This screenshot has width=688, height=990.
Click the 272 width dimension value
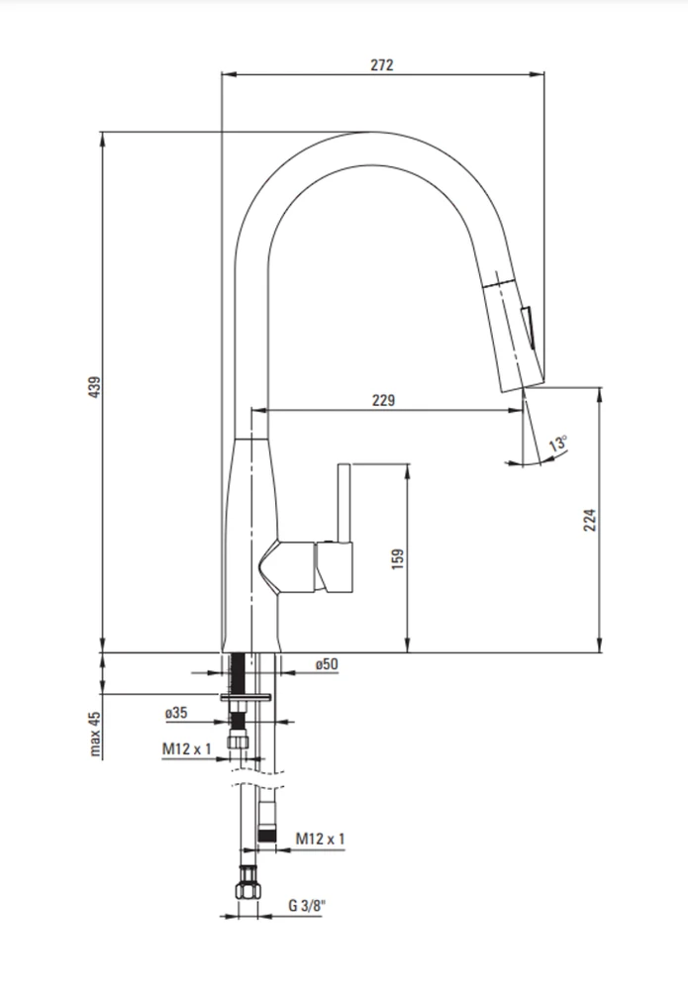point(382,64)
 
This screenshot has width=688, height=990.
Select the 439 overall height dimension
point(94,386)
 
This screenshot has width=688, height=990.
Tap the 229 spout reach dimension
point(383,400)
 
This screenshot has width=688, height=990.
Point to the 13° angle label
point(558,443)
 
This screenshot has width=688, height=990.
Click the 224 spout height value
point(590,520)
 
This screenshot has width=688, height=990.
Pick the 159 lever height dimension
point(398,558)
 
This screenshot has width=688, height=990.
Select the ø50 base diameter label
point(327,663)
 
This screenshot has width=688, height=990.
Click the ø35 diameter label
point(176,712)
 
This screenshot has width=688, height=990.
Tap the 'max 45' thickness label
point(95,734)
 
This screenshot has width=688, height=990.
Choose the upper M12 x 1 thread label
point(187,748)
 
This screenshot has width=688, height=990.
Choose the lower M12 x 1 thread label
point(320,839)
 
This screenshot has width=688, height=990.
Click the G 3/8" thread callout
point(307,905)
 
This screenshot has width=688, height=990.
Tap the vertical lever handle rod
point(344,503)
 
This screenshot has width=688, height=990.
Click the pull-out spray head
point(513,333)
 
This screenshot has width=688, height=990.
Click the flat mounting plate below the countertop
point(246,698)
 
